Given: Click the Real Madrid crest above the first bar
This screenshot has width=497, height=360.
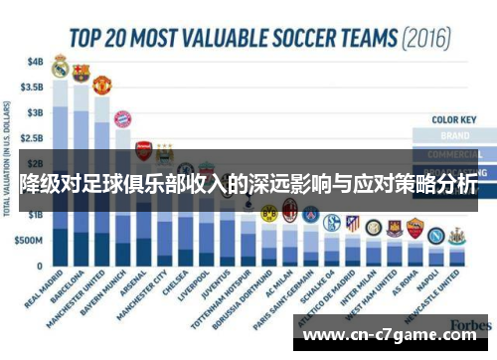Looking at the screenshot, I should pyautogui.click(x=60, y=68).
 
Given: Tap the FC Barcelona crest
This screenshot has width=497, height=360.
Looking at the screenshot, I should pyautogui.click(x=81, y=73).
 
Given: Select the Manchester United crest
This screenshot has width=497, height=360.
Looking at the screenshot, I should pyautogui.click(x=101, y=85).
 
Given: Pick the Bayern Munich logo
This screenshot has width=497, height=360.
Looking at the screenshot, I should pyautogui.click(x=122, y=120).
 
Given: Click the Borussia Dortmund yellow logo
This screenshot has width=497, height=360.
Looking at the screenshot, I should pyautogui.click(x=267, y=213).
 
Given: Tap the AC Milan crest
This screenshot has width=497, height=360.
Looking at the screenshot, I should pyautogui.click(x=289, y=210).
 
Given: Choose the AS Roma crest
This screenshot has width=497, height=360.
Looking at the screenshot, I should pyautogui.click(x=414, y=228).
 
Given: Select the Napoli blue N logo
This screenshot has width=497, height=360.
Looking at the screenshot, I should pyautogui.click(x=435, y=235).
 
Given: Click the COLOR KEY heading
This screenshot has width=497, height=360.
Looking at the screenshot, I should pyautogui.click(x=450, y=119).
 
